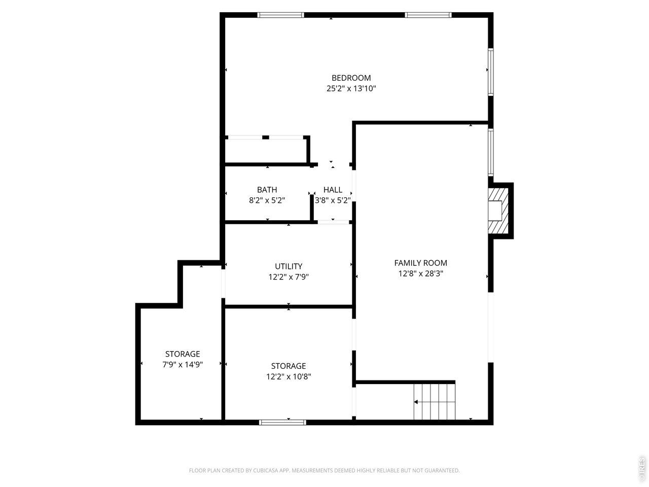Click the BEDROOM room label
351,78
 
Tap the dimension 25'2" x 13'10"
351,88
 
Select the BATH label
267,190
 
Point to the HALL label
333,190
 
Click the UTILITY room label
289,266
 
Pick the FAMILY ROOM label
421,263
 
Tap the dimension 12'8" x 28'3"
421,273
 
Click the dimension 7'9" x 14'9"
183,364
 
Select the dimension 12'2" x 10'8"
289,376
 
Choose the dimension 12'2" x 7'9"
289,277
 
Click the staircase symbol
435,401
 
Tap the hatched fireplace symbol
498,211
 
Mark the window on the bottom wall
282,422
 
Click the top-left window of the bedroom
281,15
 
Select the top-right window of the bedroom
428,15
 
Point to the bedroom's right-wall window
490,72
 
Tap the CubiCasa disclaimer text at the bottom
324,470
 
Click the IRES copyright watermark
642,469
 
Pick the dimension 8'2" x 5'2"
267,200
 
